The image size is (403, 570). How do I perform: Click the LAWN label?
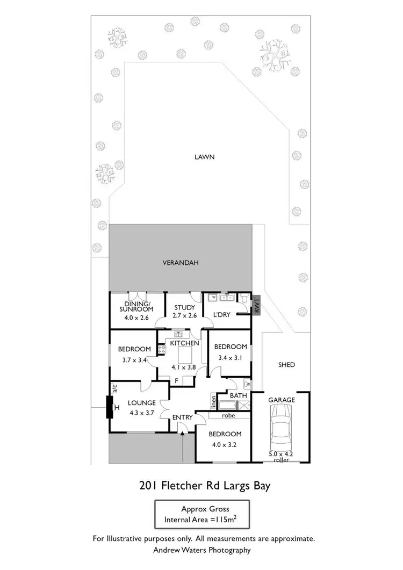click(205, 157)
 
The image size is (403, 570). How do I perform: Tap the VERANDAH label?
click(181, 263)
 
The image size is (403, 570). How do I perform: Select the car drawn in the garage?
click(282, 427)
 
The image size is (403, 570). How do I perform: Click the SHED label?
click(287, 365)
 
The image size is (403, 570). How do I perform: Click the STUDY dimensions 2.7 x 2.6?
click(184, 317)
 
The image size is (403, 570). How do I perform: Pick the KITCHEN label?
click(185, 343)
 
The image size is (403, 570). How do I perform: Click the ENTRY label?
click(182, 417)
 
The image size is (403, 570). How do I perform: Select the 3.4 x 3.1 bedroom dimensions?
click(230, 357)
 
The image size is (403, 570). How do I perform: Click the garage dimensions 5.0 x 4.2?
click(282, 454)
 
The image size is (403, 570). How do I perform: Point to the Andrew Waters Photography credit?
click(203, 550)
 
